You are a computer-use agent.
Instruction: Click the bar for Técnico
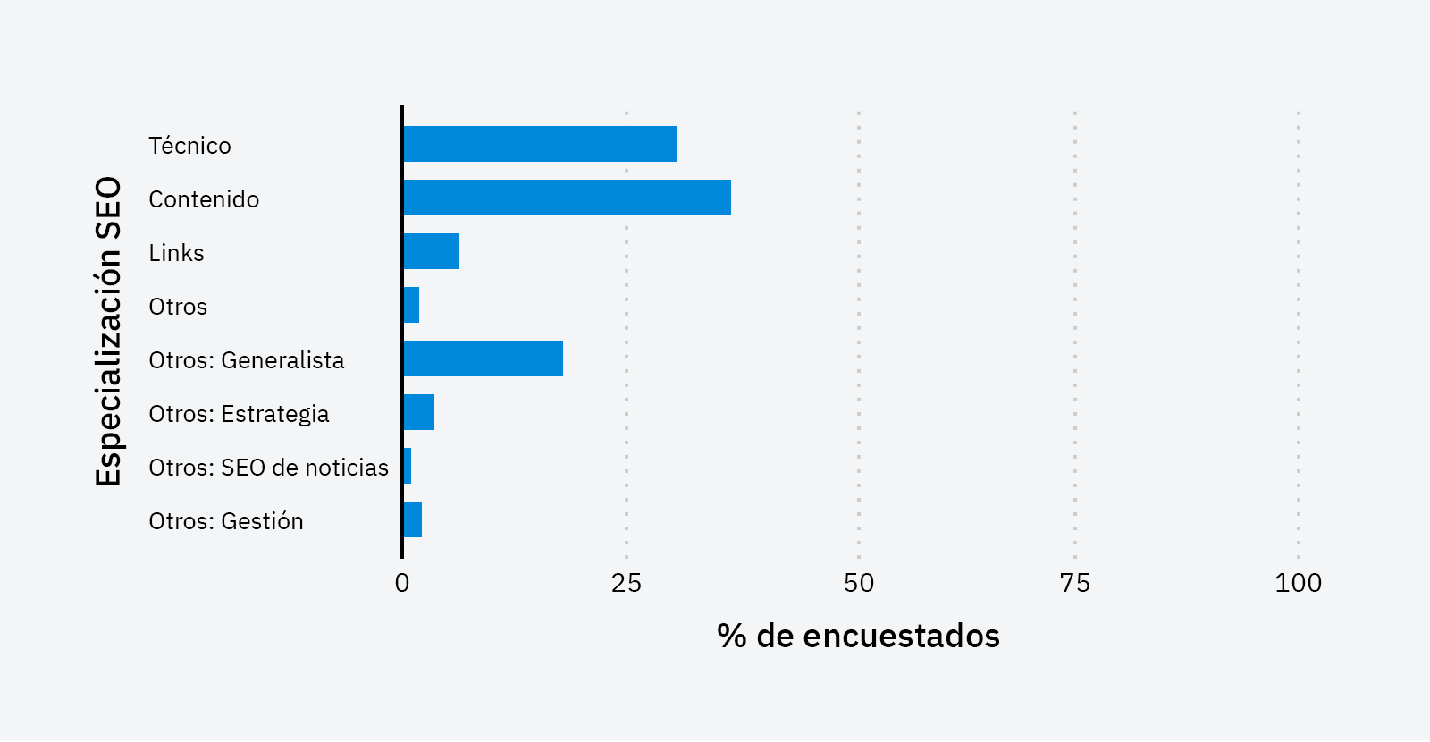click(540, 144)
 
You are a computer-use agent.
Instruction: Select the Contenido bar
click(567, 198)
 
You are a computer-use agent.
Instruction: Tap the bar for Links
click(432, 251)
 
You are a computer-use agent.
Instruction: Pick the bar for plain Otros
click(412, 305)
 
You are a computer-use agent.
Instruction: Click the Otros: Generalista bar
click(484, 358)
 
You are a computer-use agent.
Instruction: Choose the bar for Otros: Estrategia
click(419, 412)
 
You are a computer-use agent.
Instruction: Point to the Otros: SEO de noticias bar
click(408, 466)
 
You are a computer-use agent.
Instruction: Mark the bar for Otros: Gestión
click(413, 519)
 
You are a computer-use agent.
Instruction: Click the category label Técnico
click(189, 146)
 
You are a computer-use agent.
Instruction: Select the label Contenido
click(204, 199)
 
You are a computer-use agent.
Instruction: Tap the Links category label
click(176, 253)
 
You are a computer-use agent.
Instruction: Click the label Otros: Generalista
click(246, 360)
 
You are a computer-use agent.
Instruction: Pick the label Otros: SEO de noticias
click(268, 468)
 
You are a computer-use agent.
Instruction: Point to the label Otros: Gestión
click(225, 521)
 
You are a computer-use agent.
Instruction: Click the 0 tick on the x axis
click(402, 583)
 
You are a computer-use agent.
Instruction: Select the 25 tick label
click(627, 583)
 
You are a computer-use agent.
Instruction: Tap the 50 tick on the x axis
click(859, 583)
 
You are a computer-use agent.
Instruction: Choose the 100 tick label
click(1298, 583)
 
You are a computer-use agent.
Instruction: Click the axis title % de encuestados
click(858, 636)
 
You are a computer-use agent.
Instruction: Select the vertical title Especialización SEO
click(108, 331)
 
